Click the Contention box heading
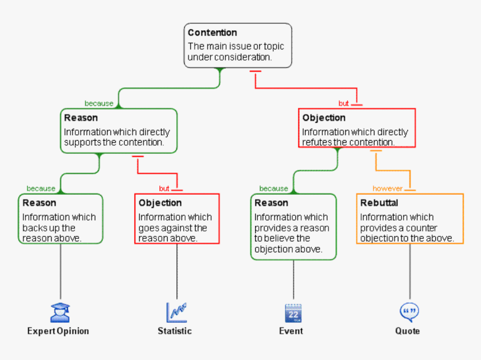pos(212,33)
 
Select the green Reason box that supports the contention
pos(119,130)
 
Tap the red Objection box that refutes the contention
pos(357,128)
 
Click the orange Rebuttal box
pos(410,219)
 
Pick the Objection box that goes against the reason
pos(177,219)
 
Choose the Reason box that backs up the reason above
pos(60,219)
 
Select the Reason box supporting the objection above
pos(293,226)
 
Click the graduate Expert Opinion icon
pos(60,312)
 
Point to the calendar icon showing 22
pos(293,312)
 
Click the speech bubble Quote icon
pos(409,311)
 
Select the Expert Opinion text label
pos(58,331)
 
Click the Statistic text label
pos(175,331)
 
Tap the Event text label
pos(291,331)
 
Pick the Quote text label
pos(407,331)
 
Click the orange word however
pos(388,189)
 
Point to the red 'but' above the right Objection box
pos(343,103)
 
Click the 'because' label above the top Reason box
pos(99,103)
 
